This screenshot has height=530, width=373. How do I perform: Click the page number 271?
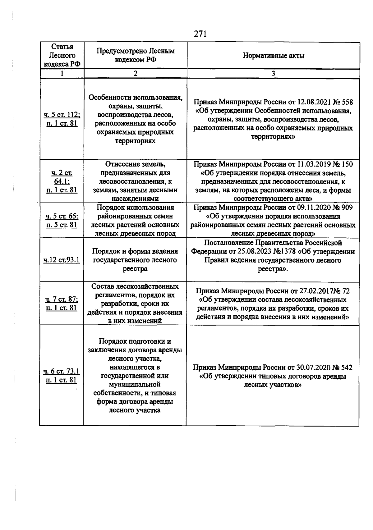pyautogui.click(x=200, y=34)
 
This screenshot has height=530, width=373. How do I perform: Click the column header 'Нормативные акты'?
pyautogui.click(x=273, y=56)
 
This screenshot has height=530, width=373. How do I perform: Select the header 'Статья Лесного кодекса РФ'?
pyautogui.click(x=62, y=55)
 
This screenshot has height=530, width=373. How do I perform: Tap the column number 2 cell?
pyautogui.click(x=135, y=73)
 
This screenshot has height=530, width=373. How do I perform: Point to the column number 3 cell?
pyautogui.click(x=273, y=73)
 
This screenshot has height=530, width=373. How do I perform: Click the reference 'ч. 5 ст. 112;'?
pyautogui.click(x=62, y=115)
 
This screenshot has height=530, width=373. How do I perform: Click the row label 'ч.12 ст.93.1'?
pyautogui.click(x=62, y=260)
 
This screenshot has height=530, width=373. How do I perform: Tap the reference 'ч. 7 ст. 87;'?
pyautogui.click(x=62, y=299)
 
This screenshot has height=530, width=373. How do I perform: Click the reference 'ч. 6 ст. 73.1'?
pyautogui.click(x=61, y=371)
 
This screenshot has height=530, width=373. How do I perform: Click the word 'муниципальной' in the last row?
pyautogui.click(x=135, y=385)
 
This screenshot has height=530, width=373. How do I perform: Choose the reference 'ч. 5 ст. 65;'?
pyautogui.click(x=62, y=216)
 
